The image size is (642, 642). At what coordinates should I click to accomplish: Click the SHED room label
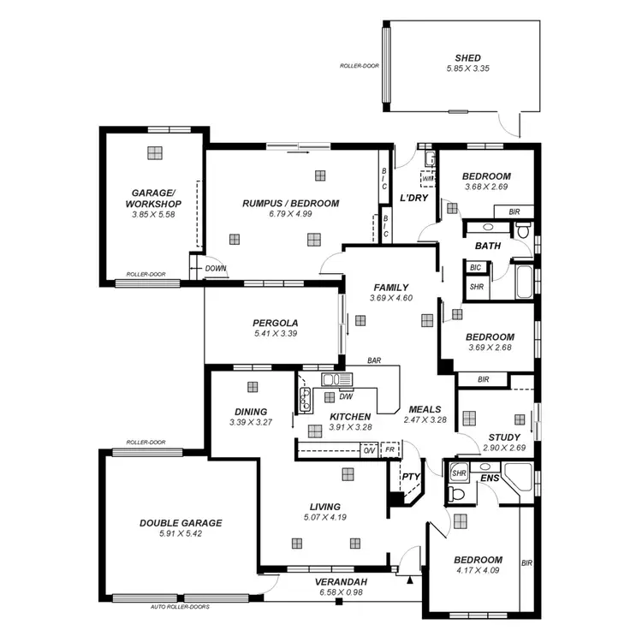[468, 57]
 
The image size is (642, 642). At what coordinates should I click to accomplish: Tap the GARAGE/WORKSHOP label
[153, 199]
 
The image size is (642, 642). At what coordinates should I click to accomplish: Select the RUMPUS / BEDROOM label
[290, 204]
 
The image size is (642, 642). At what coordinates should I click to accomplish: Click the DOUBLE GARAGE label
[181, 523]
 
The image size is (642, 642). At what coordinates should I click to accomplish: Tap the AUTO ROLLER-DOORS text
[180, 606]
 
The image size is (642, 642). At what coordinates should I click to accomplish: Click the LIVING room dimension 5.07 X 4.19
[324, 517]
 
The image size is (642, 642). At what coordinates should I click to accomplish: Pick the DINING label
[250, 412]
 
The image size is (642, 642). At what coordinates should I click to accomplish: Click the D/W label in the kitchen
[347, 396]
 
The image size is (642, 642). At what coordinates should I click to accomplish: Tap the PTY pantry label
[411, 478]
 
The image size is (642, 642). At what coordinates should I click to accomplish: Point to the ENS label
[489, 478]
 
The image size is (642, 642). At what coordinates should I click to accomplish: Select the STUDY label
[503, 437]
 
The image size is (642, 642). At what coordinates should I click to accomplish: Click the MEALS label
[425, 409]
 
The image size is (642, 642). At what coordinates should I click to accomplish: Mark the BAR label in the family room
[374, 361]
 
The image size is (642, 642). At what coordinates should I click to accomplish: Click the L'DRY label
[413, 198]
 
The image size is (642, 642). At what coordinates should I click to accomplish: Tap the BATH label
[488, 246]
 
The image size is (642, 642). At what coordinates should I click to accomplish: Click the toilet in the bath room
[523, 229]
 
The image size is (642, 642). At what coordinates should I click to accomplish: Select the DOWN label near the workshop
[215, 269]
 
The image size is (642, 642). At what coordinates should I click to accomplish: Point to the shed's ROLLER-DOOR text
[360, 65]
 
